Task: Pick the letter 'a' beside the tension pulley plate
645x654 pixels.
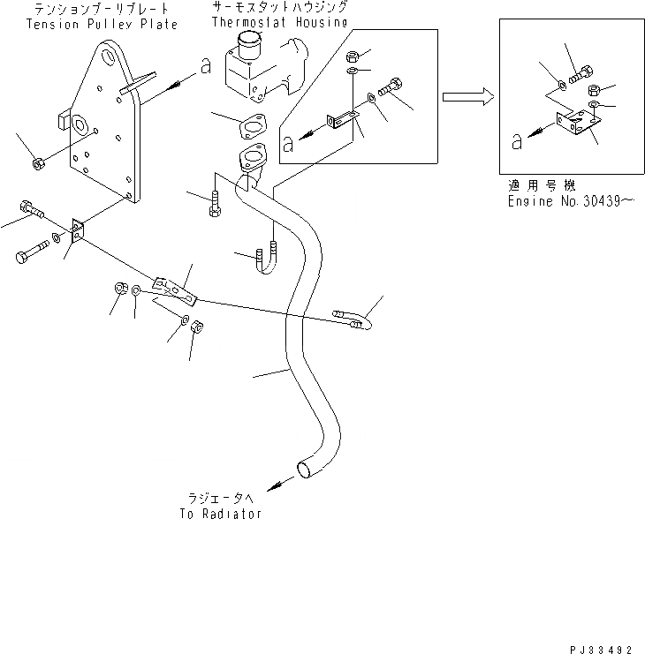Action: tap(206, 67)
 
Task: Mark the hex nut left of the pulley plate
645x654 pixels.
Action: tap(37, 163)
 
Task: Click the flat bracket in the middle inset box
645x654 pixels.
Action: tap(343, 119)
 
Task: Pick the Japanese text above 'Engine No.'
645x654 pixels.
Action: tap(542, 186)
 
